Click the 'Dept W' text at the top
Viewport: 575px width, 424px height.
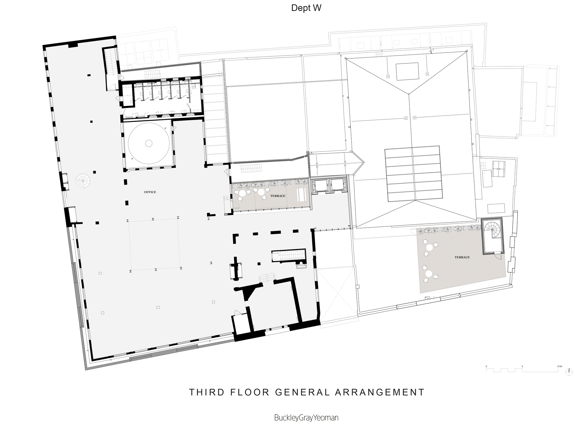[306, 8]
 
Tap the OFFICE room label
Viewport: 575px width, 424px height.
[150, 192]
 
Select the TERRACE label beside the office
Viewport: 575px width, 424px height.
[278, 196]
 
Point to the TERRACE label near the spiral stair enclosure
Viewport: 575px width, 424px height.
[462, 257]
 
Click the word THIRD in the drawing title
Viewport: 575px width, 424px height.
[207, 392]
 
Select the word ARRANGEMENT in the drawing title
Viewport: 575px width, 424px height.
[380, 392]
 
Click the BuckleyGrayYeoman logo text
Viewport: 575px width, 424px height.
[306, 417]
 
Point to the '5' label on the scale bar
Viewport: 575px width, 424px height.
[522, 367]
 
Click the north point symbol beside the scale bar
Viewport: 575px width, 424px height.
[568, 372]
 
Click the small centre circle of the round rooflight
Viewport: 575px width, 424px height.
[149, 143]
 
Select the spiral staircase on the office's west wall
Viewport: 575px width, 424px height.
[83, 180]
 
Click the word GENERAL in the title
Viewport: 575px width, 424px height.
[302, 392]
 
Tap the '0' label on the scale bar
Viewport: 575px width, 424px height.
[486, 367]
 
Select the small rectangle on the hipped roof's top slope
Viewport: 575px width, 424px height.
[407, 72]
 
